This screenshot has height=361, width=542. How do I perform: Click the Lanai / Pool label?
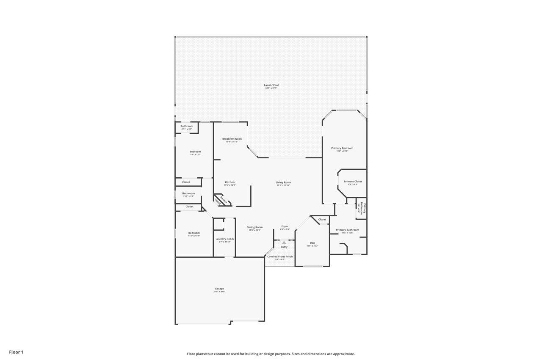coord(271,85)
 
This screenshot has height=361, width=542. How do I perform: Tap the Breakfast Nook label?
coord(232,139)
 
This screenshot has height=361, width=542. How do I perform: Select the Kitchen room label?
coord(230,182)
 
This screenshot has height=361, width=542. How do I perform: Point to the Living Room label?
coord(283,182)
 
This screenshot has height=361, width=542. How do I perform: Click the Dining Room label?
coord(254,227)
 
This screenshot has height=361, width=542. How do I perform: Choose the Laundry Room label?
coord(224,239)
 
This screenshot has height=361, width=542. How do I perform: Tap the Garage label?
coord(219,289)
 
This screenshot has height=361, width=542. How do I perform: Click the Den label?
coord(312,243)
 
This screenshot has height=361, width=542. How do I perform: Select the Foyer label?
coord(285,226)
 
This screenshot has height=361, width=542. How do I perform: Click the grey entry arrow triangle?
coord(284,243)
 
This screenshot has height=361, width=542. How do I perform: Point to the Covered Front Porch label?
coord(280,256)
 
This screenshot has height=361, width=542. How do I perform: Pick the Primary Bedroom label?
coord(342,148)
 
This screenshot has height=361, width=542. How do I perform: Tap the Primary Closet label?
coord(353,182)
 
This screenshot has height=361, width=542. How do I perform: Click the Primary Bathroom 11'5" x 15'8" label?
coord(347,230)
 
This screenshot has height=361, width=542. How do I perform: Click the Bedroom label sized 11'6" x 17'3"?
coord(195,152)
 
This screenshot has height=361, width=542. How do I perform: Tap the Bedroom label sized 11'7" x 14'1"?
coord(194,233)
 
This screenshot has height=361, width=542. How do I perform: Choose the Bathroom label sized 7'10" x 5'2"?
coord(188,193)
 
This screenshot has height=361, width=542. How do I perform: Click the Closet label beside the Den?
coord(322,219)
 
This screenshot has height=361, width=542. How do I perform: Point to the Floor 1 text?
coord(16,352)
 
